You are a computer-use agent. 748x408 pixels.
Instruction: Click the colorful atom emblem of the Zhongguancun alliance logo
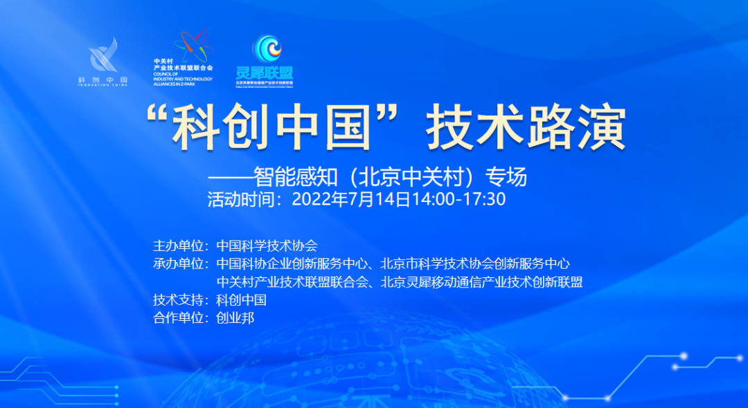click(191, 46)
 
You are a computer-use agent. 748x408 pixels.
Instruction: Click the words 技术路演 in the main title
click(526, 129)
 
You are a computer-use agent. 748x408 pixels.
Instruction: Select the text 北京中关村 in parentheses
click(414, 178)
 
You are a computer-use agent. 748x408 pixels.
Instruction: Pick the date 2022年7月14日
click(353, 200)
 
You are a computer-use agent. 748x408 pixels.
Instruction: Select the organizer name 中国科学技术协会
click(267, 245)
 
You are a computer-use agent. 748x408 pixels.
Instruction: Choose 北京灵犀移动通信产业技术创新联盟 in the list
click(481, 282)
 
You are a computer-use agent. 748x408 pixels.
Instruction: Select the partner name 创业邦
click(235, 319)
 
